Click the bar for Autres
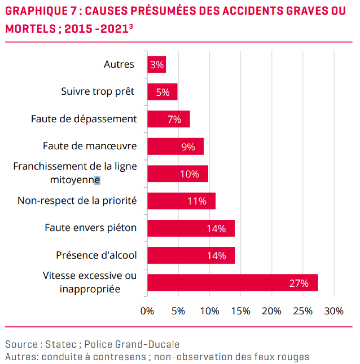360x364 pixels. [x=156, y=65]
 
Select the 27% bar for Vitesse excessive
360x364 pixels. [x=232, y=283]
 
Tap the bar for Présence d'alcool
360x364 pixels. [x=191, y=256]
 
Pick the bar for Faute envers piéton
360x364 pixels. [x=191, y=228]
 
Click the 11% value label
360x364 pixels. [x=197, y=201]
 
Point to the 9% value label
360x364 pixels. [x=188, y=147]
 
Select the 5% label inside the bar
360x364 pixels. [x=163, y=92]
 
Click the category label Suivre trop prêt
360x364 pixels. [x=98, y=91]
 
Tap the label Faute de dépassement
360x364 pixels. [x=84, y=119]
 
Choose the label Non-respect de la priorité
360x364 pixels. [x=77, y=201]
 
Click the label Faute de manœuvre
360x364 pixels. [x=90, y=146]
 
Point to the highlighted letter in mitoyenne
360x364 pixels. [x=97, y=180]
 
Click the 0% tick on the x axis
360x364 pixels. [x=147, y=311]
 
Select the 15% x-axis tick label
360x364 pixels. [x=240, y=311]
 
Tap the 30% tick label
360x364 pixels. [x=334, y=311]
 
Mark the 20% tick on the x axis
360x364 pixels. [x=271, y=311]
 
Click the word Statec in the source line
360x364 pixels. [x=61, y=344]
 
